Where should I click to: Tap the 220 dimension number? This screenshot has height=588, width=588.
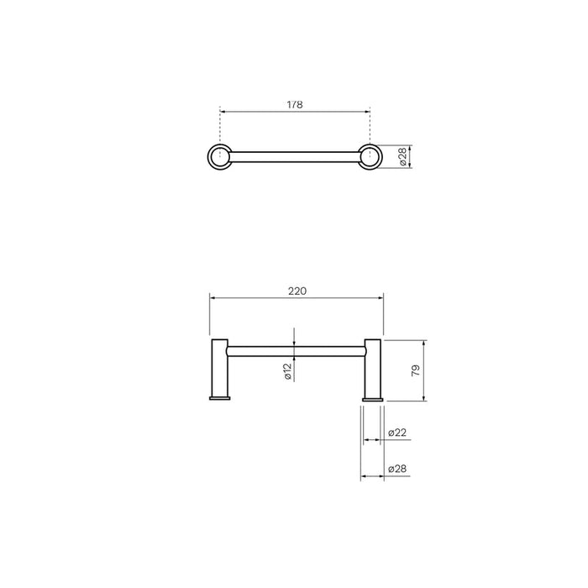297,291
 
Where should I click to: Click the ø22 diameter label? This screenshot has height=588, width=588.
398,433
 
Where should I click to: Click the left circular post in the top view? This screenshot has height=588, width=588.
219,155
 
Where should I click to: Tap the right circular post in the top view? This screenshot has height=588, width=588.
369,155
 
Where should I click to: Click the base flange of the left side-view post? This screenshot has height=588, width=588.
218,397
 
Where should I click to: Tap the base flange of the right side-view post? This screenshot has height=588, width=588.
372,397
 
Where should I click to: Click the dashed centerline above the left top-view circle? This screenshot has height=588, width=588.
219,126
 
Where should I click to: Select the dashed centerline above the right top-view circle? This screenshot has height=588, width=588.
369,126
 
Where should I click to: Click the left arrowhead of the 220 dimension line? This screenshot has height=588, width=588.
212,297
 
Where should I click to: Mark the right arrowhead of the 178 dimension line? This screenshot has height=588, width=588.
366,109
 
